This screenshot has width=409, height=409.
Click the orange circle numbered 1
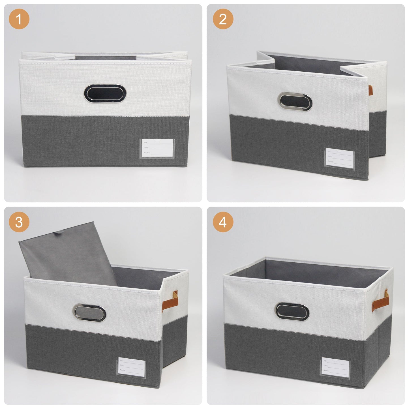[19, 19]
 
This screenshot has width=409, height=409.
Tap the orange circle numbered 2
[223, 19]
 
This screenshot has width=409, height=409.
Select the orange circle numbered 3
[19, 222]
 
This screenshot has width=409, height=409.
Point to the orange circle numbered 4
[223, 222]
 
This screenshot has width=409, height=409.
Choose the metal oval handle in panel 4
[293, 312]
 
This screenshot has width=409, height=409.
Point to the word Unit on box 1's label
[146, 148]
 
